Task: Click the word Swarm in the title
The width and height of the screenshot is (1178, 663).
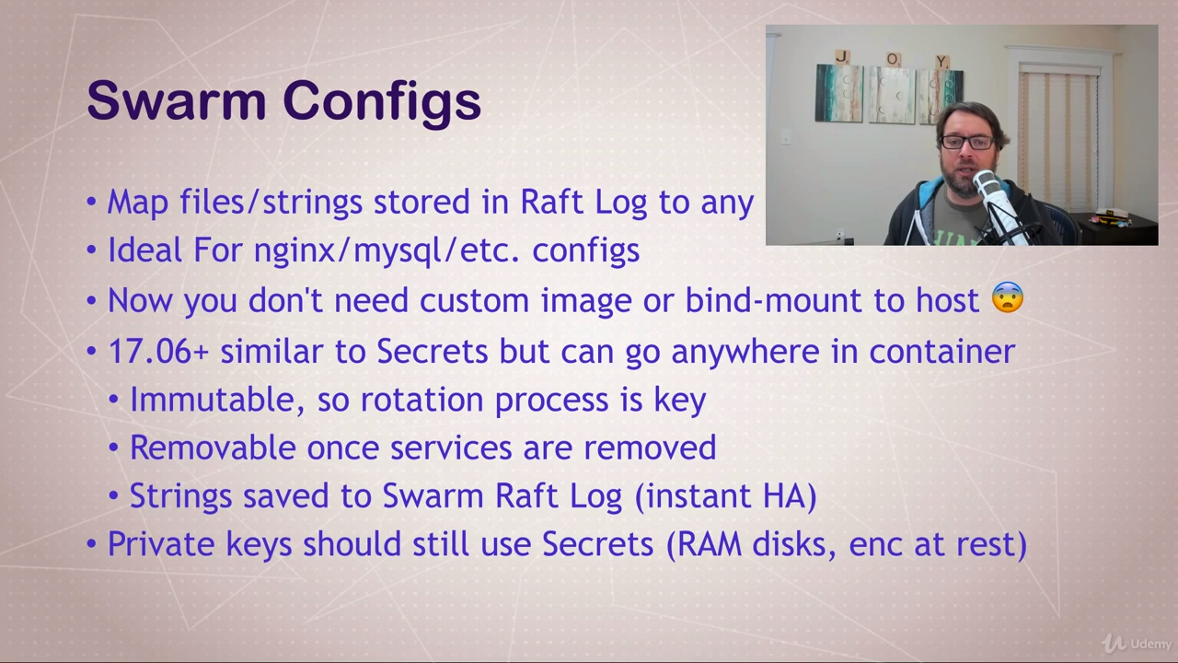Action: (176, 100)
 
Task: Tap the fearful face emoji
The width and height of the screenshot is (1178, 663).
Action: (1008, 297)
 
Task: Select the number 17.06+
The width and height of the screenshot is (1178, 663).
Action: (158, 352)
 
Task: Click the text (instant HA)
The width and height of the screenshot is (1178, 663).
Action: (726, 496)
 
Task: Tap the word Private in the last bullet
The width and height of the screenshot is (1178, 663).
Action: (161, 543)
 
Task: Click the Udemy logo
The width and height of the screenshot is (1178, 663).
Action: (1136, 643)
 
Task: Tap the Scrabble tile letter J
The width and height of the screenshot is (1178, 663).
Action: (842, 57)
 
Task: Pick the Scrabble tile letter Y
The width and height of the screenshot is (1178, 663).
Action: (941, 62)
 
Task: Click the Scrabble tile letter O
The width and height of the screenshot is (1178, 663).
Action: (893, 60)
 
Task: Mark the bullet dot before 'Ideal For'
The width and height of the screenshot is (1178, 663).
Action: (91, 250)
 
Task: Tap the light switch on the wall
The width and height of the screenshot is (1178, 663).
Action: (786, 137)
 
